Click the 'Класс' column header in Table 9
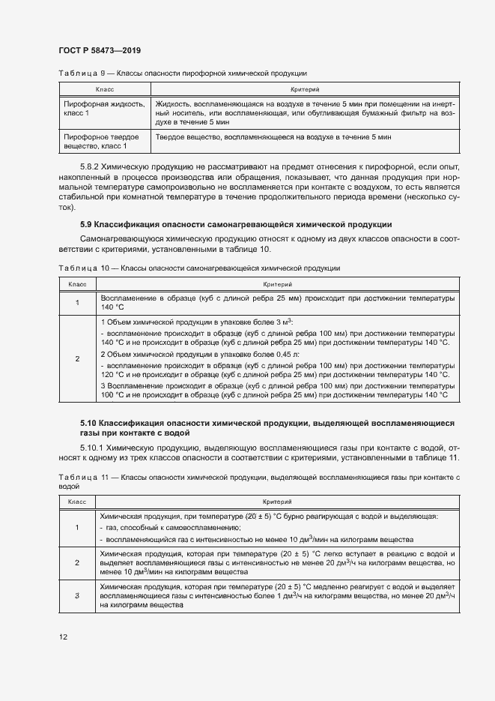(104, 89)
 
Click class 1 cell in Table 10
(77, 303)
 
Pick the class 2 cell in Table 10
(77, 358)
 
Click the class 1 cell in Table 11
(77, 527)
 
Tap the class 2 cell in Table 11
(77, 562)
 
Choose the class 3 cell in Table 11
(77, 595)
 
